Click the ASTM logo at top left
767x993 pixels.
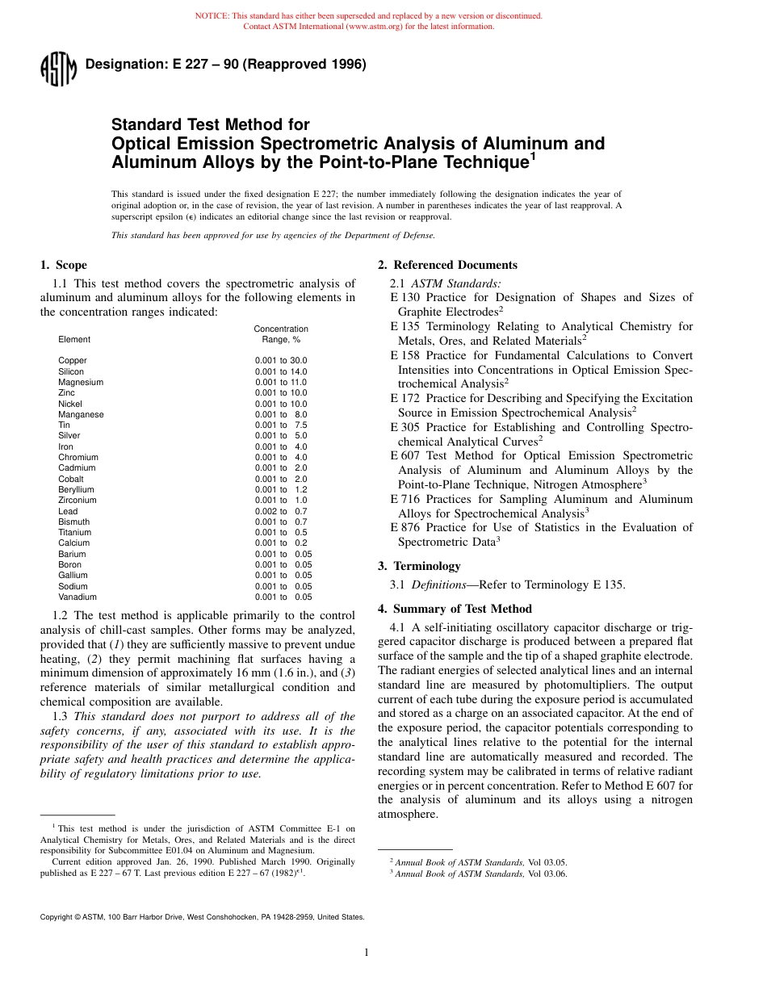point(57,69)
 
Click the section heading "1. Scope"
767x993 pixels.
point(64,265)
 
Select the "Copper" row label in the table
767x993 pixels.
point(73,361)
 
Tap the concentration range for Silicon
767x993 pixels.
point(281,371)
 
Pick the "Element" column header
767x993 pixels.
point(74,340)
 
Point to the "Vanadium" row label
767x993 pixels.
point(78,597)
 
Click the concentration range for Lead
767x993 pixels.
point(281,511)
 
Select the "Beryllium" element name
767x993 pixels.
point(76,490)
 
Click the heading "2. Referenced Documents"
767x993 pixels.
point(447,265)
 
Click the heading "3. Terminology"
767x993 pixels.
point(419,566)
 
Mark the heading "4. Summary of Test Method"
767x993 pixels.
point(455,609)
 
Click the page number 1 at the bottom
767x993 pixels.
point(367,953)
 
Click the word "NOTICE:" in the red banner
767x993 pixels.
point(212,16)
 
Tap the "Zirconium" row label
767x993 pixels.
point(77,501)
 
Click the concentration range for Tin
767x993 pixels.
point(281,425)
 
